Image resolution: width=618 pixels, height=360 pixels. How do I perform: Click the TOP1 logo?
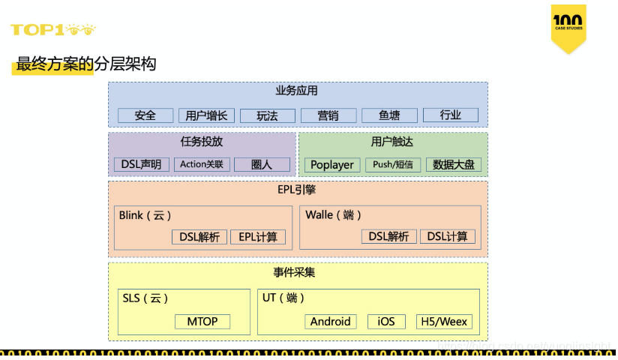[52, 30]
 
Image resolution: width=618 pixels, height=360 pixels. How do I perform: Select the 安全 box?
[145, 115]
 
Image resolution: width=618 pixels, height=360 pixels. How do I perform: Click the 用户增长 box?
[206, 115]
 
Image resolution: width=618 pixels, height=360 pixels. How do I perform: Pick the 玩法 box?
[267, 115]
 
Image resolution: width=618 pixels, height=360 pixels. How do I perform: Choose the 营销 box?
[328, 115]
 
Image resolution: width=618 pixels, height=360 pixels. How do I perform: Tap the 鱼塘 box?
[389, 115]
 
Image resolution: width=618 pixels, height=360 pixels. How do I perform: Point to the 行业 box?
[450, 115]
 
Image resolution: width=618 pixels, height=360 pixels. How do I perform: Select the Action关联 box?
[202, 164]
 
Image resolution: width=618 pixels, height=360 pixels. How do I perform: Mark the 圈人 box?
[262, 164]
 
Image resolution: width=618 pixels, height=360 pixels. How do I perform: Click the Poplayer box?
[332, 164]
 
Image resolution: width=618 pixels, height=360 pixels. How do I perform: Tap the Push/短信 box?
[393, 164]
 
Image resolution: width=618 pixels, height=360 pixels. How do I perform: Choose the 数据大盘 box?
[454, 164]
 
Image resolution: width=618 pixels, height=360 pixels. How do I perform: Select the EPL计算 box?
[258, 237]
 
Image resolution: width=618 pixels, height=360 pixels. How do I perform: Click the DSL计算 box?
[447, 236]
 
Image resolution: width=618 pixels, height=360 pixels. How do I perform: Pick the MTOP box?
[202, 322]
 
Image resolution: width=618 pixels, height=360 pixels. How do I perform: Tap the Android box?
[331, 322]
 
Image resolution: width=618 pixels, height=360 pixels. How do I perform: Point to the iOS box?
[386, 322]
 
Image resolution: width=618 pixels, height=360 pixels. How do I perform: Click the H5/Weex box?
[444, 322]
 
